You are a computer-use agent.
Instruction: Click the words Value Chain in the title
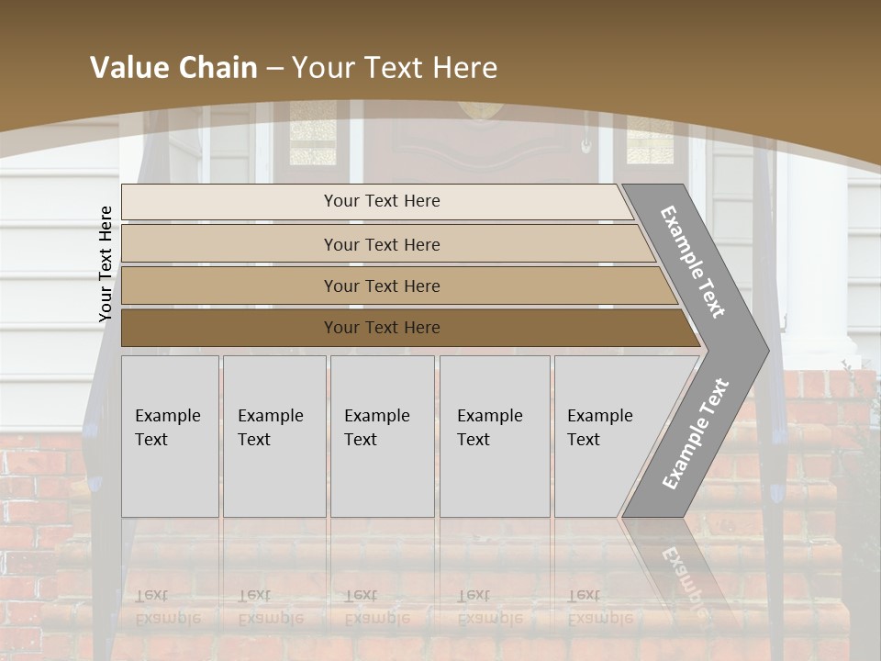click(173, 68)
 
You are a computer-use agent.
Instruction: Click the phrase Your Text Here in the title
click(395, 68)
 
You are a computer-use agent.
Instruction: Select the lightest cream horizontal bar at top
click(382, 201)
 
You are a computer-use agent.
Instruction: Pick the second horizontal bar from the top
click(382, 244)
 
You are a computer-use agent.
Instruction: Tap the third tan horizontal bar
click(382, 286)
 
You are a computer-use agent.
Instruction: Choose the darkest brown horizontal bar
click(382, 328)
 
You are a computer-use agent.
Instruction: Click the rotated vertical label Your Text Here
click(106, 264)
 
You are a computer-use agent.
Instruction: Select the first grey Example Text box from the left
click(170, 436)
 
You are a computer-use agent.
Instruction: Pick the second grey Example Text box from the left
click(273, 436)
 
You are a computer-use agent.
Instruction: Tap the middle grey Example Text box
click(382, 436)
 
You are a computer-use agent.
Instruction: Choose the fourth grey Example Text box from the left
click(494, 436)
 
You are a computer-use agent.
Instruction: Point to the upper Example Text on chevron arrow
click(693, 262)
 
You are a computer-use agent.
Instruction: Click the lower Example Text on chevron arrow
click(695, 434)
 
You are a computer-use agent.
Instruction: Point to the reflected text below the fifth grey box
click(599, 607)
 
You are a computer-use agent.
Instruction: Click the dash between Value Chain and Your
click(275, 69)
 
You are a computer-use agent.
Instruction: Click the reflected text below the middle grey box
click(376, 607)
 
